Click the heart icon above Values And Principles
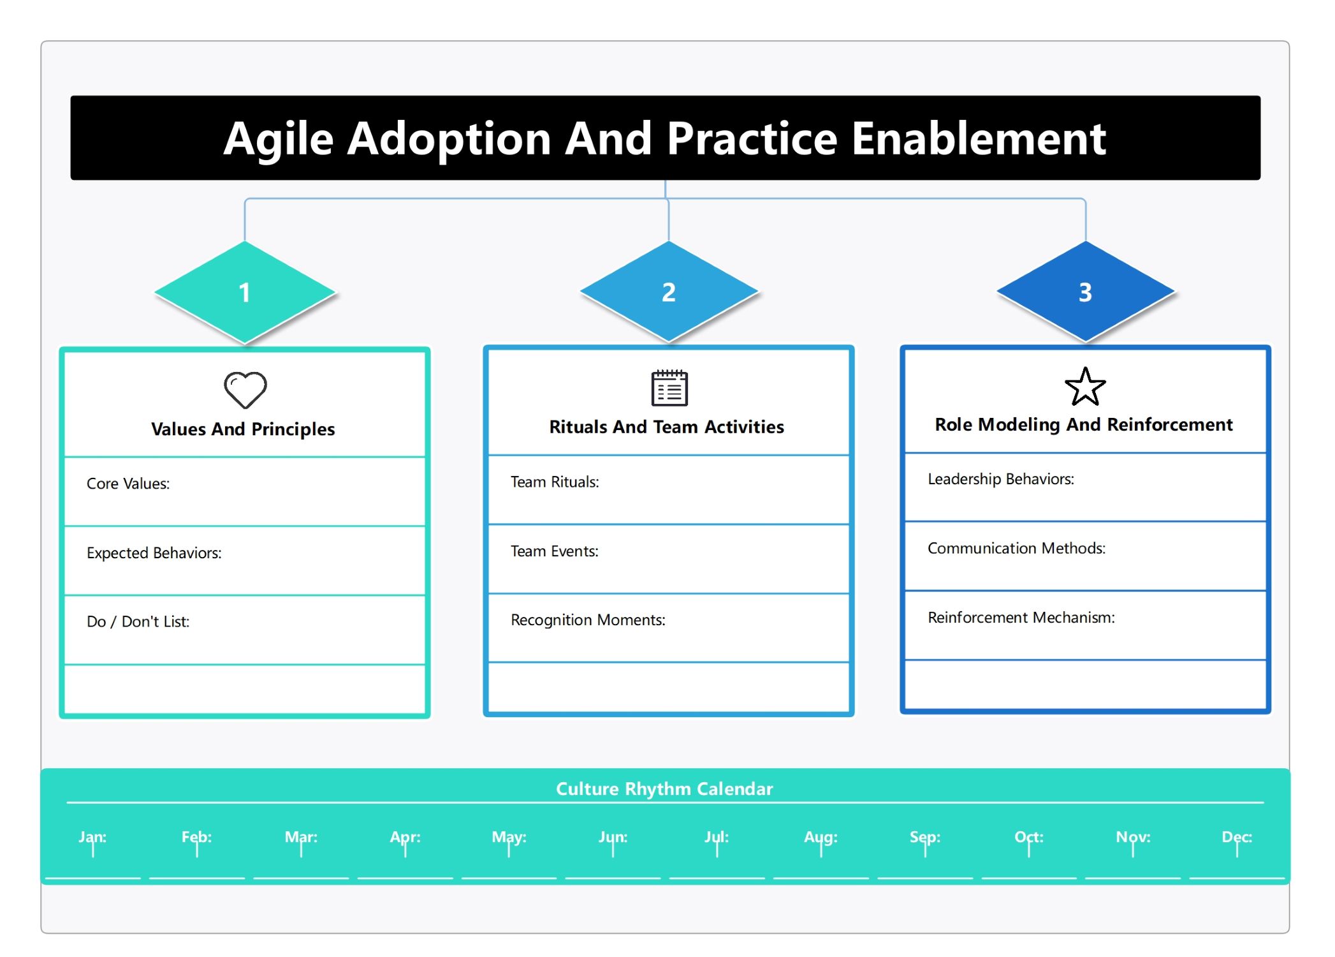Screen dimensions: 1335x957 pos(245,390)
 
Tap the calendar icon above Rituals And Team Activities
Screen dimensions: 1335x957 pos(669,387)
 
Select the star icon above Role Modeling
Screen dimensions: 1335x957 pos(1085,387)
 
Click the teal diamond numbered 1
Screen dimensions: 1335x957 pos(245,293)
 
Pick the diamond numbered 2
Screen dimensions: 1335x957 pos(669,292)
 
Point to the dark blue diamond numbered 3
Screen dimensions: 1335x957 pos(1085,292)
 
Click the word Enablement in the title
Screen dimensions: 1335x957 pos(979,138)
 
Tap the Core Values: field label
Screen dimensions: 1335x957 pos(128,484)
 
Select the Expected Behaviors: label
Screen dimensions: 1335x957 pos(154,553)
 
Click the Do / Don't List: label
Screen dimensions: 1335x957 pos(138,621)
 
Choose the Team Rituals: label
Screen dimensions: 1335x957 pos(555,482)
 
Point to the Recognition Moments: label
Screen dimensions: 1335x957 pos(588,619)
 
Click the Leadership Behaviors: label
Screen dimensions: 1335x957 pos(1001,479)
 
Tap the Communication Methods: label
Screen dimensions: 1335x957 pos(1017,548)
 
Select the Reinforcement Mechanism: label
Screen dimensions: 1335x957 pos(1021,617)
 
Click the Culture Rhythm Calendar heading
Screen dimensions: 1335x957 pos(664,789)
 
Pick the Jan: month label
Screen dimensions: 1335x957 pos(92,837)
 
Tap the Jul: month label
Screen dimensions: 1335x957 pos(717,837)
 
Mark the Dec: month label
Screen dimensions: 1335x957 pos(1237,837)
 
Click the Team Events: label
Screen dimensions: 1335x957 pos(555,551)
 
